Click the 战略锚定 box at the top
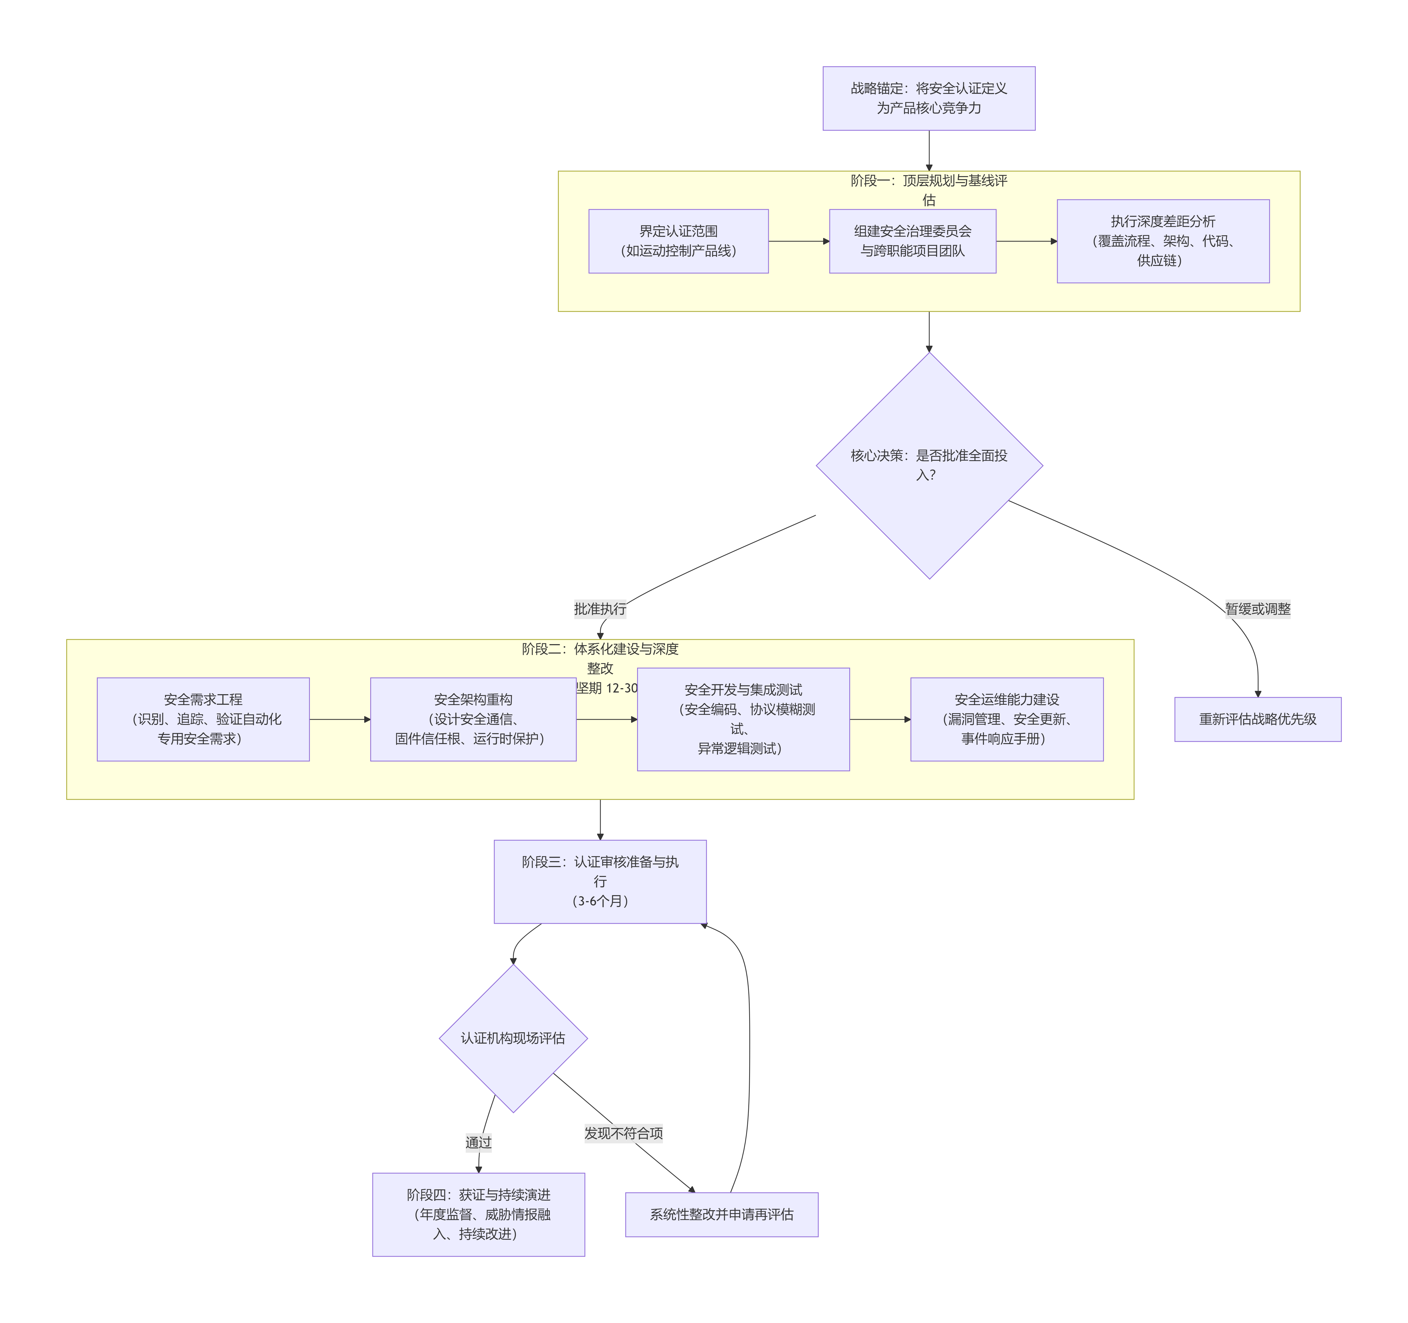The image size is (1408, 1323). (928, 98)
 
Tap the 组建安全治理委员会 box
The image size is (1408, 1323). (912, 241)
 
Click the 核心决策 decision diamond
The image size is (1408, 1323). (928, 465)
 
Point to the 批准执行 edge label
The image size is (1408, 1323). (600, 608)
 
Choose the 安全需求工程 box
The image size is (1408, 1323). (203, 719)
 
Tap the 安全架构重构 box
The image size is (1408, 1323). (473, 719)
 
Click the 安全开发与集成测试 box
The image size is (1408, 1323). (743, 719)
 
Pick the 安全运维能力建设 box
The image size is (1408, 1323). (1006, 719)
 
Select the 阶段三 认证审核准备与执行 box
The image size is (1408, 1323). (600, 881)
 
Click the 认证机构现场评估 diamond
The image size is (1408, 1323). (513, 1038)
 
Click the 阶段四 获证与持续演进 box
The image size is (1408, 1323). (478, 1214)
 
